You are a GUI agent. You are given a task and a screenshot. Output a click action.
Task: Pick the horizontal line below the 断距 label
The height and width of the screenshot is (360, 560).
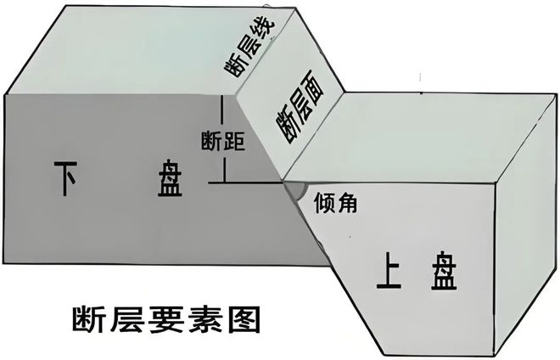tap(250, 182)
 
